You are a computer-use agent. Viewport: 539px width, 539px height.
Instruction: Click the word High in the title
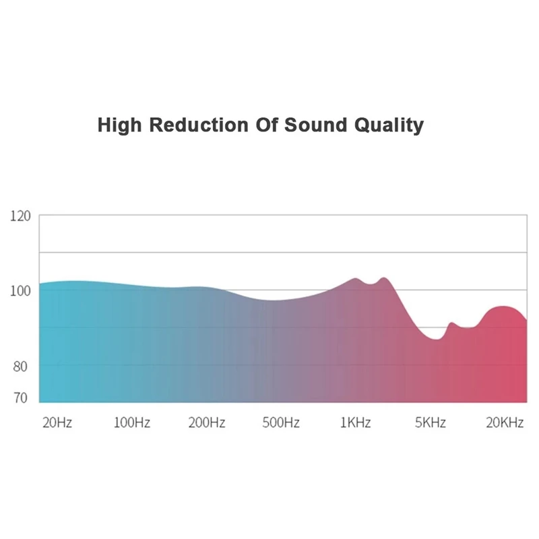tap(121, 125)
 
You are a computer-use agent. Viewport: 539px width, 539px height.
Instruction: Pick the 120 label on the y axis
tap(21, 216)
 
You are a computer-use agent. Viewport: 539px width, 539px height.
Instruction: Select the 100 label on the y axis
tap(21, 291)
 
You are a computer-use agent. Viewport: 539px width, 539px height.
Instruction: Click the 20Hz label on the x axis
tap(57, 423)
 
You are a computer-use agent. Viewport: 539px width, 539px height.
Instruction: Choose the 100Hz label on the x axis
tap(131, 423)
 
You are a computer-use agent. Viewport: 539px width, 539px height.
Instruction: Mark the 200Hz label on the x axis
tap(206, 423)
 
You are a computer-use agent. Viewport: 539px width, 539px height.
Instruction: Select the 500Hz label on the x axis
tap(280, 423)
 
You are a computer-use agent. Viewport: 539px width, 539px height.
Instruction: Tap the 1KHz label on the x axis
tap(355, 423)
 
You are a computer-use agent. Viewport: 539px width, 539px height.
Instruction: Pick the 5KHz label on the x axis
tap(430, 423)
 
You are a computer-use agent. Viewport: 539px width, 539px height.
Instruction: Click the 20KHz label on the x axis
tap(505, 423)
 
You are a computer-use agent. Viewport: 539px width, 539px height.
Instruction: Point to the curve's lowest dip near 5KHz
tap(436, 339)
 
